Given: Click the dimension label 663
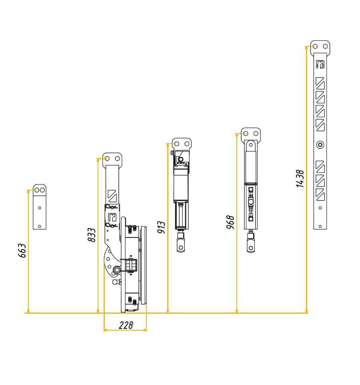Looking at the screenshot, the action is coord(22,251).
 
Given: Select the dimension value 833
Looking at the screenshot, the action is coord(92,235).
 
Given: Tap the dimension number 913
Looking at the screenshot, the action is coord(161,227).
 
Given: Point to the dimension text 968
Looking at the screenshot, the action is coord(230,222).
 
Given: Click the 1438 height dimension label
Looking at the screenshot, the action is coord(300,178).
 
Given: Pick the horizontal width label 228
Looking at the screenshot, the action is coord(126,325).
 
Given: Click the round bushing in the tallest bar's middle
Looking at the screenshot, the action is coord(320,144).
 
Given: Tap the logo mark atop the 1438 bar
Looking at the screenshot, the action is coord(320,64).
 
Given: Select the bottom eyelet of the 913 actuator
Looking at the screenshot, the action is coord(181,247).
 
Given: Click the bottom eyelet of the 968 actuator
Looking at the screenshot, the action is coord(251,248).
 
